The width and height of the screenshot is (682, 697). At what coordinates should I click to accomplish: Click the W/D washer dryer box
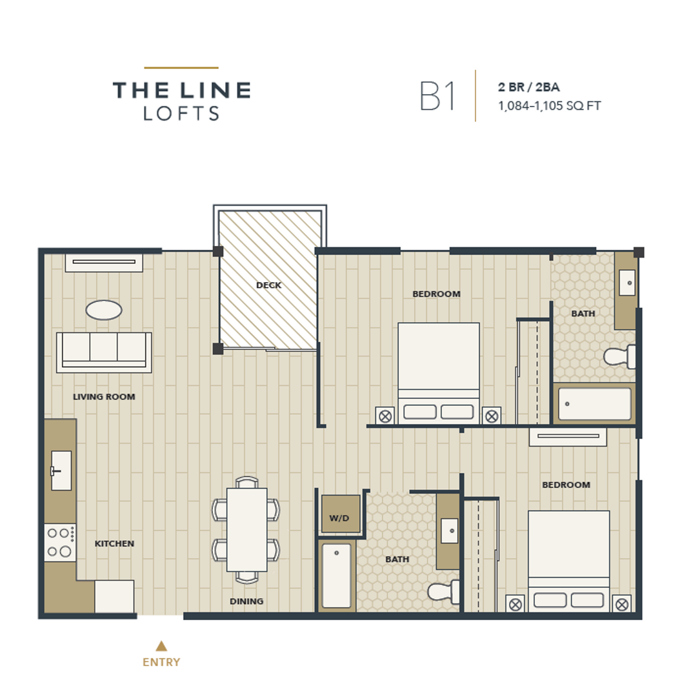(340, 514)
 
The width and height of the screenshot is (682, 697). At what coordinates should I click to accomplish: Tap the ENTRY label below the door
(161, 662)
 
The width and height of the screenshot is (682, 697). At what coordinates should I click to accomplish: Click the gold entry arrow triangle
(161, 646)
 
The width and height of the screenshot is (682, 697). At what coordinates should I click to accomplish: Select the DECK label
(269, 285)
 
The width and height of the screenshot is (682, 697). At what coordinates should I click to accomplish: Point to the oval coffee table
(103, 310)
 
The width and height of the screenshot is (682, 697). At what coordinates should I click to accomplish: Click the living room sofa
(104, 352)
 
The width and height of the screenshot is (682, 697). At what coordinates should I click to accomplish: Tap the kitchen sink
(61, 470)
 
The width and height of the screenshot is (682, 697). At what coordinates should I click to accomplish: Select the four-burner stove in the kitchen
(60, 542)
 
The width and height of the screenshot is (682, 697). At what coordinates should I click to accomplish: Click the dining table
(247, 529)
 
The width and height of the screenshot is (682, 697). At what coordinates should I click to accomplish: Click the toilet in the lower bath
(443, 591)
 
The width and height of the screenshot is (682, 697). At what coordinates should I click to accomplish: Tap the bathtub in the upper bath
(594, 403)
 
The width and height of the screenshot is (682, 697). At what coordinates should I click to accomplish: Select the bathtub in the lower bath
(336, 576)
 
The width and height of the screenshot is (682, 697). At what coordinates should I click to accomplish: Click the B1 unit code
(437, 96)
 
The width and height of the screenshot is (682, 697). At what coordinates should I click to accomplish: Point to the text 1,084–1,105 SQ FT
(550, 106)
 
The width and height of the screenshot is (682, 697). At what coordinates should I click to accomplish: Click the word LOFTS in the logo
(181, 114)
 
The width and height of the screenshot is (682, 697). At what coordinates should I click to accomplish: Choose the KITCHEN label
(114, 543)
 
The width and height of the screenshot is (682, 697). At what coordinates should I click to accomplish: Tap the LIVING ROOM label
(104, 397)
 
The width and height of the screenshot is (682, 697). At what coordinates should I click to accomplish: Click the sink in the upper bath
(627, 282)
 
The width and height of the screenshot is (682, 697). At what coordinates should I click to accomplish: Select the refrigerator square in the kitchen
(114, 596)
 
